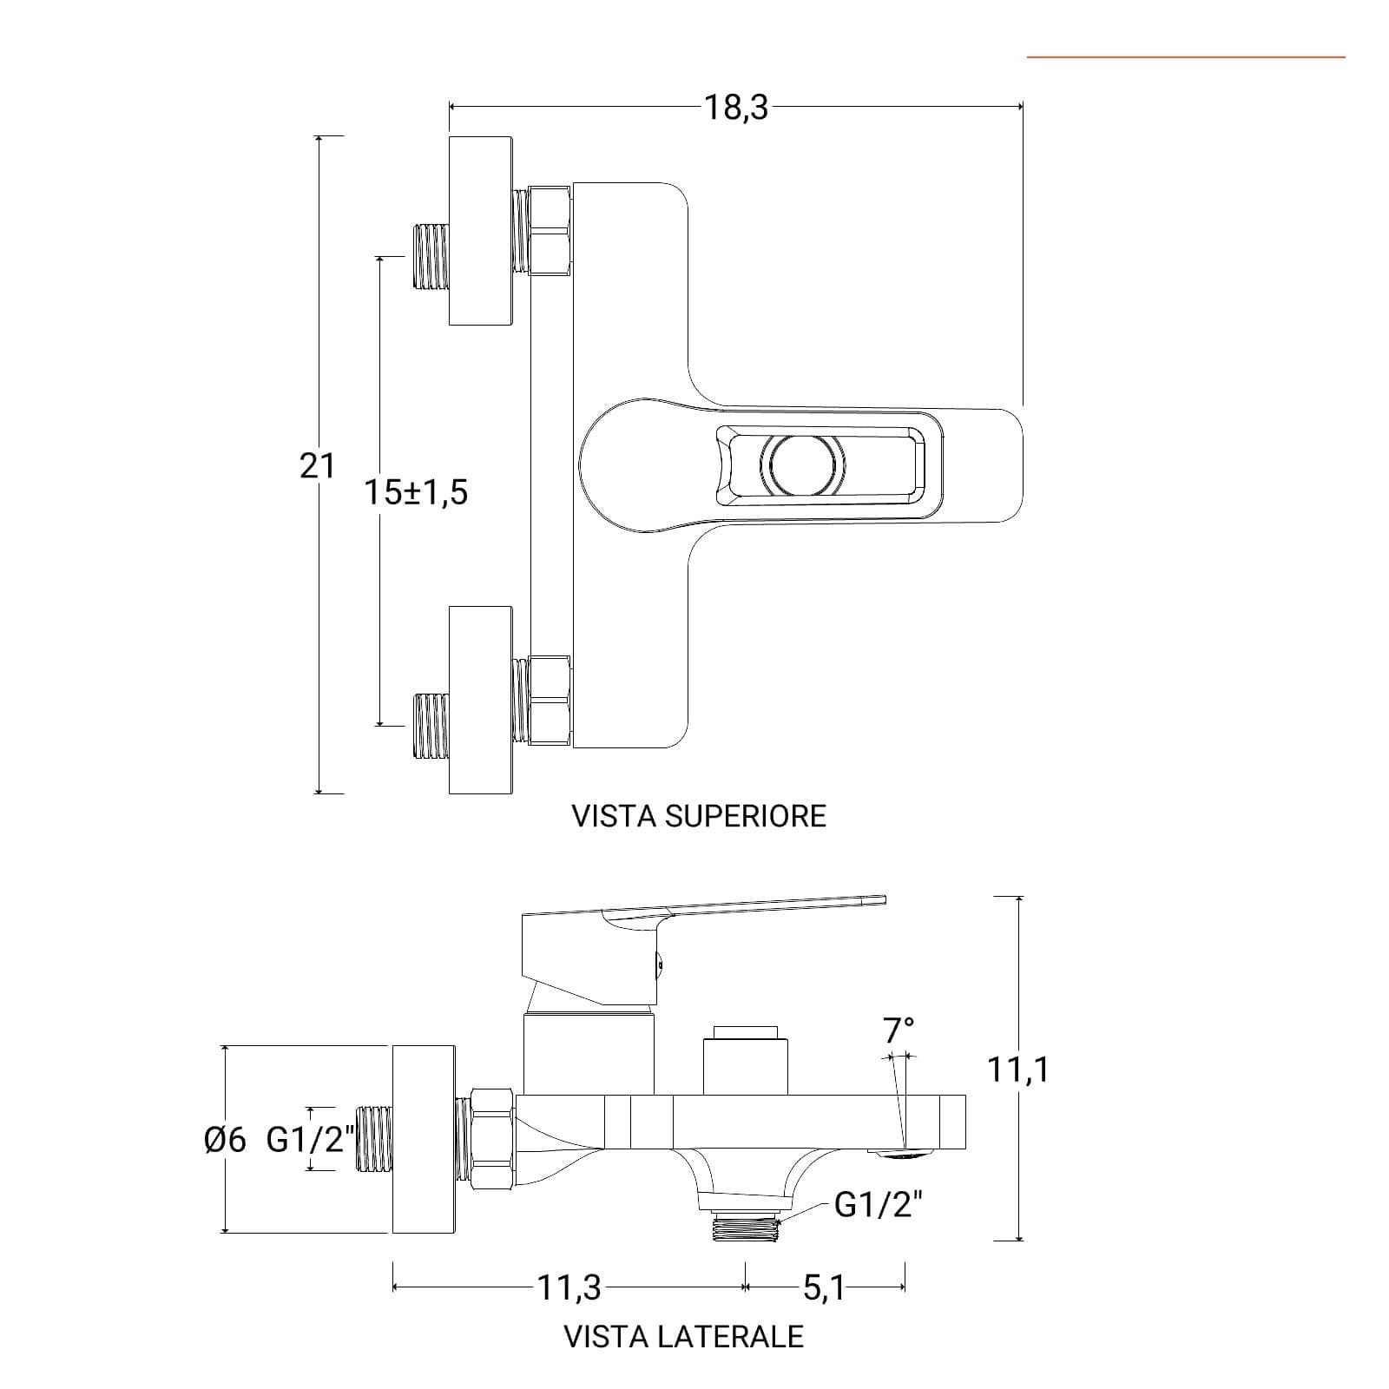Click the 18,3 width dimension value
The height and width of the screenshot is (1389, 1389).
pyautogui.click(x=735, y=108)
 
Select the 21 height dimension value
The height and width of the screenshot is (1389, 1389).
pyautogui.click(x=317, y=466)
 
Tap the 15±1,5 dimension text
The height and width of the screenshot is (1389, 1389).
pyautogui.click(x=416, y=492)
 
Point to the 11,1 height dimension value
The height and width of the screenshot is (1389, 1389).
pyautogui.click(x=1017, y=1070)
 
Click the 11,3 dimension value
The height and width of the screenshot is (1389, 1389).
pyautogui.click(x=569, y=1287)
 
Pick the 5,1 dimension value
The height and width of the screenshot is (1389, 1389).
pyautogui.click(x=824, y=1287)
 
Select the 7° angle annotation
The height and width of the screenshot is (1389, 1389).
pyautogui.click(x=899, y=1031)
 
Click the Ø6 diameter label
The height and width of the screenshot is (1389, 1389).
pyautogui.click(x=226, y=1140)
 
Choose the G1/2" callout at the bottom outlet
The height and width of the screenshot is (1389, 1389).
pyautogui.click(x=879, y=1204)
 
